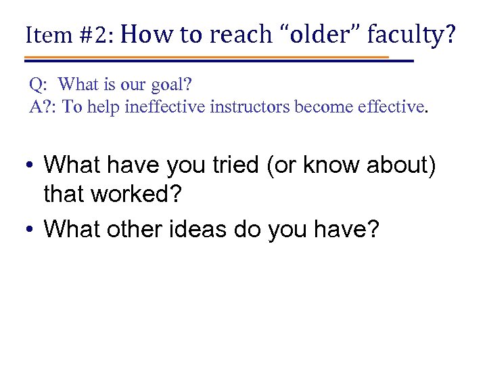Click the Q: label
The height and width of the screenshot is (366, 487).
click(x=38, y=85)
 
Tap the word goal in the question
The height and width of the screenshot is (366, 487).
click(x=167, y=85)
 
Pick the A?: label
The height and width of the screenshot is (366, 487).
click(x=42, y=106)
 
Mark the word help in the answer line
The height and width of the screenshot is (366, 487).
click(x=101, y=106)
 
